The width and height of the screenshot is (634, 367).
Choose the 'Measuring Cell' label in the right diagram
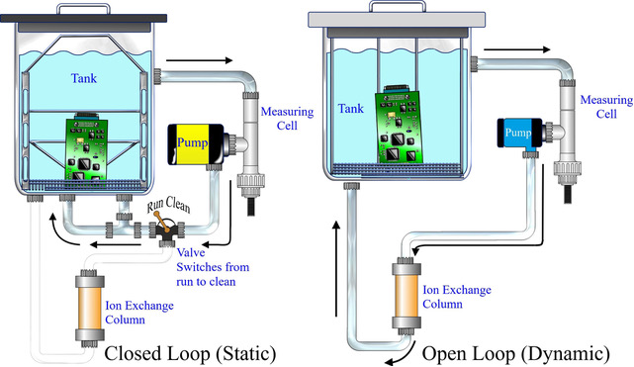click(x=603, y=106)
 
